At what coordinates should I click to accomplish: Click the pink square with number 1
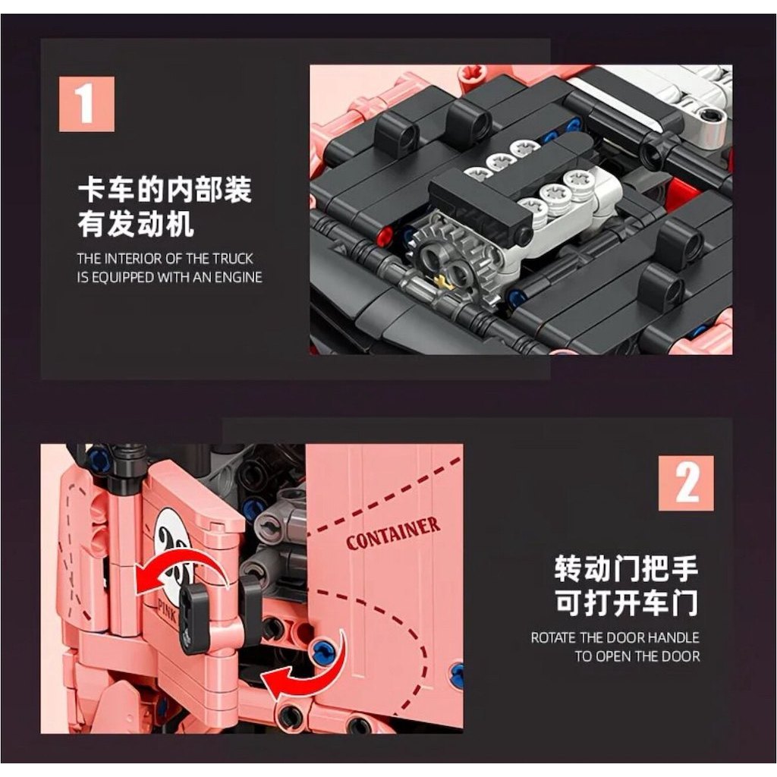[87, 104]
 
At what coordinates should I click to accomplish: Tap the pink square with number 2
[686, 483]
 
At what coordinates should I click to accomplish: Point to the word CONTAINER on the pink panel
[393, 533]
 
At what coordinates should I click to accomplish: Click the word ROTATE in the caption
[553, 637]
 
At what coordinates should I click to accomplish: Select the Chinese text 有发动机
[135, 224]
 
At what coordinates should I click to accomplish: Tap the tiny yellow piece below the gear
[440, 282]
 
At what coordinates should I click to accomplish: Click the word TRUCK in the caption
[233, 259]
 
